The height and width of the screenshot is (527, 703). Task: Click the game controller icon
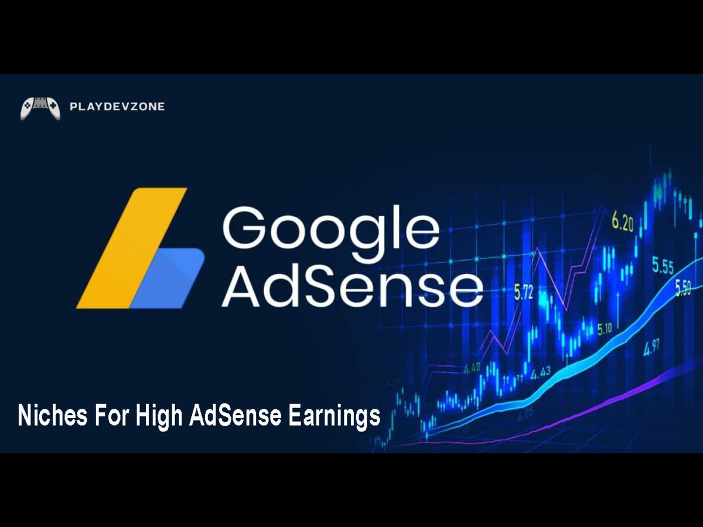pyautogui.click(x=40, y=108)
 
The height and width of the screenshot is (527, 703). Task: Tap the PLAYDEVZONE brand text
pyautogui.click(x=117, y=107)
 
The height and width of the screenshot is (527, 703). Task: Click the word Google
pyautogui.click(x=330, y=230)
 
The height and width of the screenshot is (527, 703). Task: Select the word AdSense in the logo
pyautogui.click(x=351, y=286)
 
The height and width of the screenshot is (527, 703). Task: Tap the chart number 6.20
pyautogui.click(x=622, y=223)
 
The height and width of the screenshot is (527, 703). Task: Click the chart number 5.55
pyautogui.click(x=663, y=267)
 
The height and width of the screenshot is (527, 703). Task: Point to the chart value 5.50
pyautogui.click(x=682, y=288)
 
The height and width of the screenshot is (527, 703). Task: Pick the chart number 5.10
pyautogui.click(x=604, y=329)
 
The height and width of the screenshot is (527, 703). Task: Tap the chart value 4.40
pyautogui.click(x=472, y=368)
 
